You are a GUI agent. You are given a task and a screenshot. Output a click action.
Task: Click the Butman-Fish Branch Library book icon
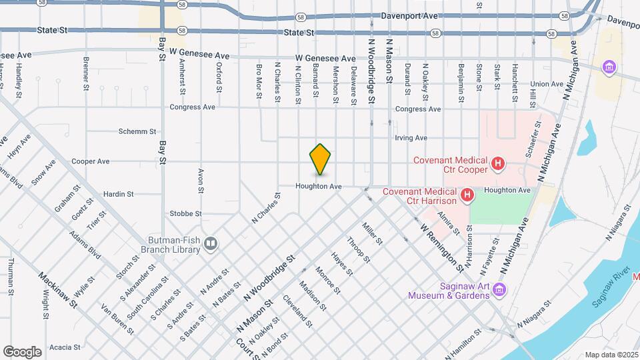211,244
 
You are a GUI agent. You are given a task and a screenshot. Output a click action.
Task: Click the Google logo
22,351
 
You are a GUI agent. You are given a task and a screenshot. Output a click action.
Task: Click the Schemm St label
137,131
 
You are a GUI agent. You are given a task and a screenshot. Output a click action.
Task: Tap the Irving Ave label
411,138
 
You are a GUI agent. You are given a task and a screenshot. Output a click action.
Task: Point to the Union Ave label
547,85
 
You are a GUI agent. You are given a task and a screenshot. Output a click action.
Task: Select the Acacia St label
65,347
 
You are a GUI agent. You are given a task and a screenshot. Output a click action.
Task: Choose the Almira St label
448,223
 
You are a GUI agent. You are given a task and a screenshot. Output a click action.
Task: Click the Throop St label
358,250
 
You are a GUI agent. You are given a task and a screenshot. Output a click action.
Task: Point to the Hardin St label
119,194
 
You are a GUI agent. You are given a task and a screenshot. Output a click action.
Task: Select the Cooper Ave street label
90,161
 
